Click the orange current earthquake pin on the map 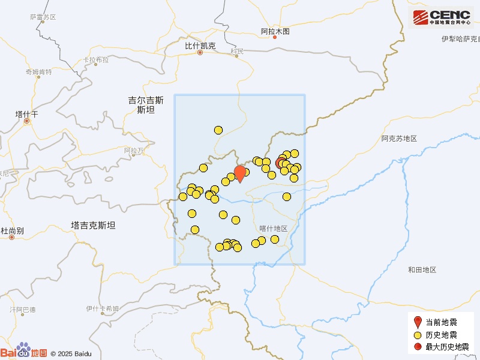tap(240, 173)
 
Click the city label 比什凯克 tap(200, 46)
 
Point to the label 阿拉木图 tap(275, 31)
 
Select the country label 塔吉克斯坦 tap(93, 226)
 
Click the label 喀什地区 tap(274, 229)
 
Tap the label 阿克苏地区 tap(399, 139)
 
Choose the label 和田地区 tap(422, 270)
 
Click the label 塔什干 tap(26, 113)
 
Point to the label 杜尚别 tap(12, 230)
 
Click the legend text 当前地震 tap(442, 322)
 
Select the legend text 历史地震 tap(442, 335)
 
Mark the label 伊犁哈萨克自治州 tap(461, 39)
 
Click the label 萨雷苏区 tap(43, 17)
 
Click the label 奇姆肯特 tap(38, 72)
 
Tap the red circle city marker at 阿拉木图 tap(275, 37)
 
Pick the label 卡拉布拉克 tap(96, 60)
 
